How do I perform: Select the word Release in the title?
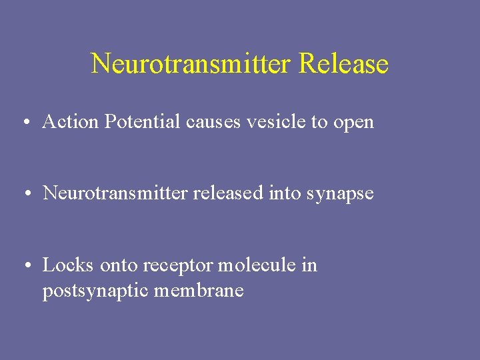pyautogui.click(x=344, y=64)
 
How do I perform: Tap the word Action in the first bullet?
pyautogui.click(x=63, y=122)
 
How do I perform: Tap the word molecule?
pyautogui.click(x=255, y=265)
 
